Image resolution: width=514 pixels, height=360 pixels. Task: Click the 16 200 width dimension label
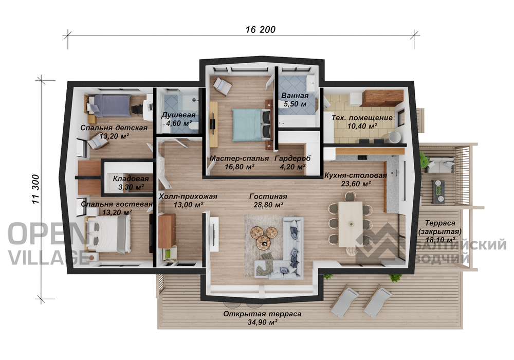point(261,29)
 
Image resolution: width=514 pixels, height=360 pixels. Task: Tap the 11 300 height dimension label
point(36,189)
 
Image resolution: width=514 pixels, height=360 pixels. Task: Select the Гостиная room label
point(268,196)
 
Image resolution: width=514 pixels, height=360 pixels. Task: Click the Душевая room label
point(178,115)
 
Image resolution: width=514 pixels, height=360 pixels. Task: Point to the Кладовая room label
point(131,179)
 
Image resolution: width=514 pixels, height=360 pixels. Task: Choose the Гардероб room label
point(293,158)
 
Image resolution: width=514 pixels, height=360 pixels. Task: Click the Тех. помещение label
point(362,118)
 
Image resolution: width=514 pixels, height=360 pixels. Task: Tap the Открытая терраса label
point(262,314)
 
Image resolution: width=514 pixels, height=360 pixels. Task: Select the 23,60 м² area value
point(356,184)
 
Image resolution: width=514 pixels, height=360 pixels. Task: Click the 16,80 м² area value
point(240,167)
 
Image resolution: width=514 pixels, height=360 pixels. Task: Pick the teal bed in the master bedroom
point(252,125)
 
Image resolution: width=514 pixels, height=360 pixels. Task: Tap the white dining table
point(351,224)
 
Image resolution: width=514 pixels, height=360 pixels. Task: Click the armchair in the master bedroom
point(223,85)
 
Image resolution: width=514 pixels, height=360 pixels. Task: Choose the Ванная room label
point(295,96)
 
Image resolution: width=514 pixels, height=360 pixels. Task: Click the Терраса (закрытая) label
point(440,227)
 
